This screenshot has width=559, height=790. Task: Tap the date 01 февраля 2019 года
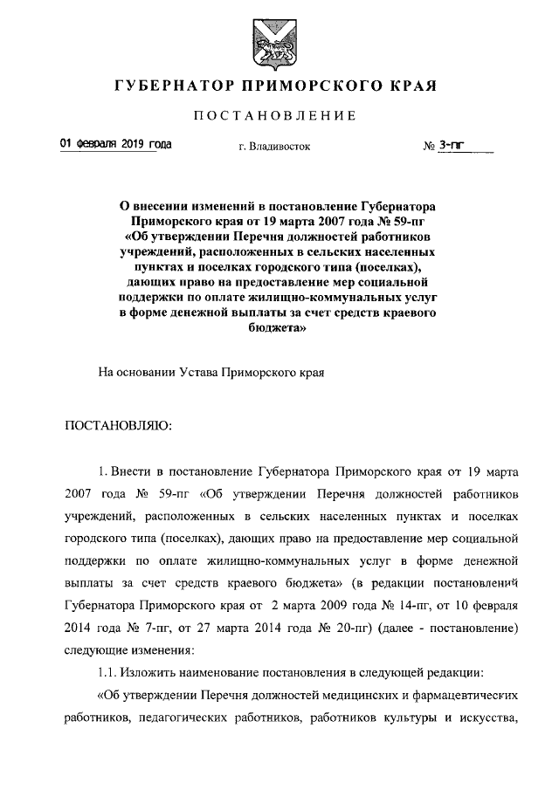coord(115,145)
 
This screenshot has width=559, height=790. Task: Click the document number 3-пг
coord(452,147)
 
